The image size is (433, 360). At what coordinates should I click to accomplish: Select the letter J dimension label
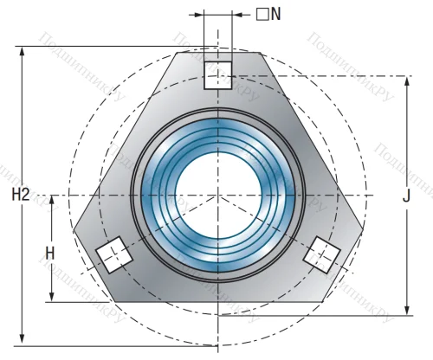coord(406,196)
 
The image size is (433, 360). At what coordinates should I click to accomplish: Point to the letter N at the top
coord(275,15)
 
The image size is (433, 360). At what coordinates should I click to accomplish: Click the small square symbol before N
coord(261,15)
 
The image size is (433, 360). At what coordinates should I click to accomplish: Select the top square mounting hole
coord(218,74)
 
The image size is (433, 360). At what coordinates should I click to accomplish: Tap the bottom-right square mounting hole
coord(320,254)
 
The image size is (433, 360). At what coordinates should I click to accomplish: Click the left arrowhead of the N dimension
coord(200,15)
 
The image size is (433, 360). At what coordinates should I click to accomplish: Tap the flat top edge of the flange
coord(217,52)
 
